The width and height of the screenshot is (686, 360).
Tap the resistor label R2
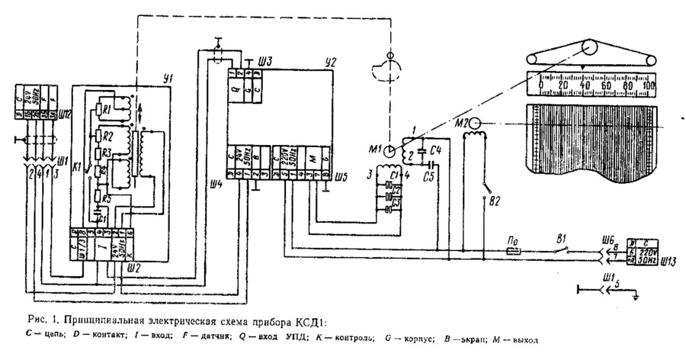coord(108,136)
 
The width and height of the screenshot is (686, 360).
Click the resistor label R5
coord(108,200)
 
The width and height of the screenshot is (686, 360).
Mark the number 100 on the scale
coord(648,87)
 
